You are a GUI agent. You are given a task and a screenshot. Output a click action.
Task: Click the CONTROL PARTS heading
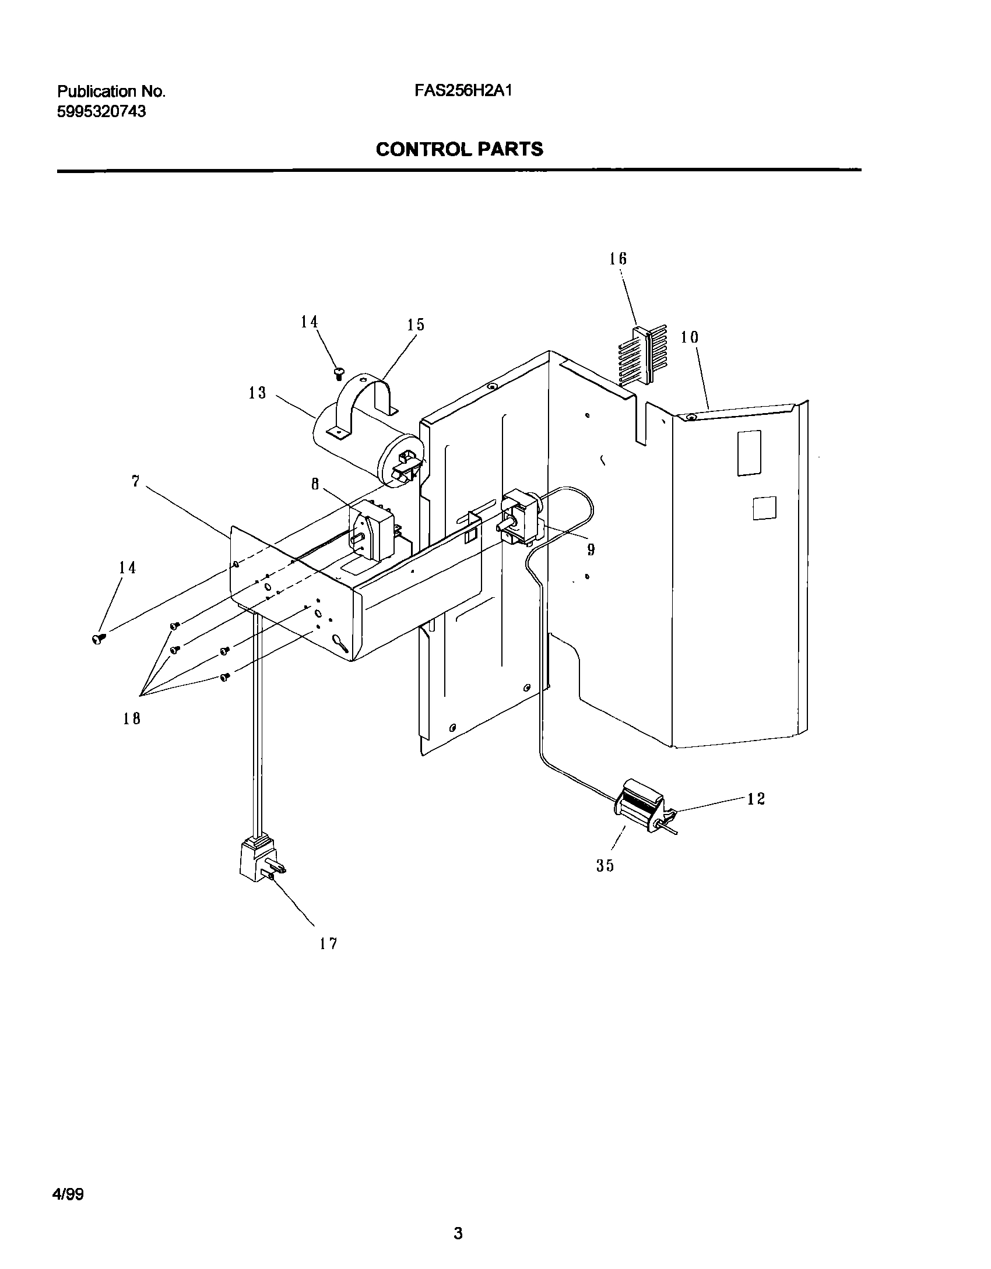tap(459, 150)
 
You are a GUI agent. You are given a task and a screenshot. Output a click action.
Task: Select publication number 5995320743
tap(101, 112)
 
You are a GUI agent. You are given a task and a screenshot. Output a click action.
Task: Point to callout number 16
tap(618, 259)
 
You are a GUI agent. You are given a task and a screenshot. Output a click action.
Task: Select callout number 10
tap(690, 337)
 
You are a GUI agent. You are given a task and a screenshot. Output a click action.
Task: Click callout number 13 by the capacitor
tap(257, 393)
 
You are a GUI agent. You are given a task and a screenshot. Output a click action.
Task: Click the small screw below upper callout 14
tap(338, 373)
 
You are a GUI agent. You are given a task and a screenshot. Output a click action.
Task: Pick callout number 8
tap(315, 484)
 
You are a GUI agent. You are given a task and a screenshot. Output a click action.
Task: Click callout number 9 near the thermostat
tap(591, 549)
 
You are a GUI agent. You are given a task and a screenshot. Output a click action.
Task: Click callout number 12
tap(756, 799)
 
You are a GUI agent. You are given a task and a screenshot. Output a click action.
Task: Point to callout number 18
tap(132, 718)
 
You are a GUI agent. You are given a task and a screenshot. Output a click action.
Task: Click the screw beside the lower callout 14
tap(97, 639)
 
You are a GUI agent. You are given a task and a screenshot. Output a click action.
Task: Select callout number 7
tap(135, 482)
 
